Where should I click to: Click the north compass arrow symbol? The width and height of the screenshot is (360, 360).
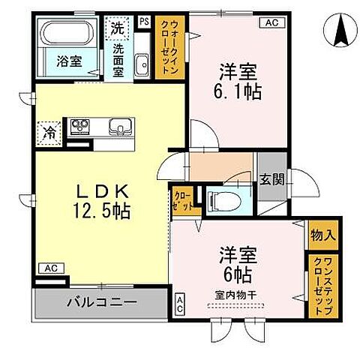339,30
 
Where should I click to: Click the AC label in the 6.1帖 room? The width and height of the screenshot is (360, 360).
271,22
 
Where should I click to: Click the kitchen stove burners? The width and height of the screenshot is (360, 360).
80,126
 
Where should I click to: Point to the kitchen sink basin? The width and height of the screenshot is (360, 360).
118,126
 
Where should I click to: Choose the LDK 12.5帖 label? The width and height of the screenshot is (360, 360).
100,201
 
